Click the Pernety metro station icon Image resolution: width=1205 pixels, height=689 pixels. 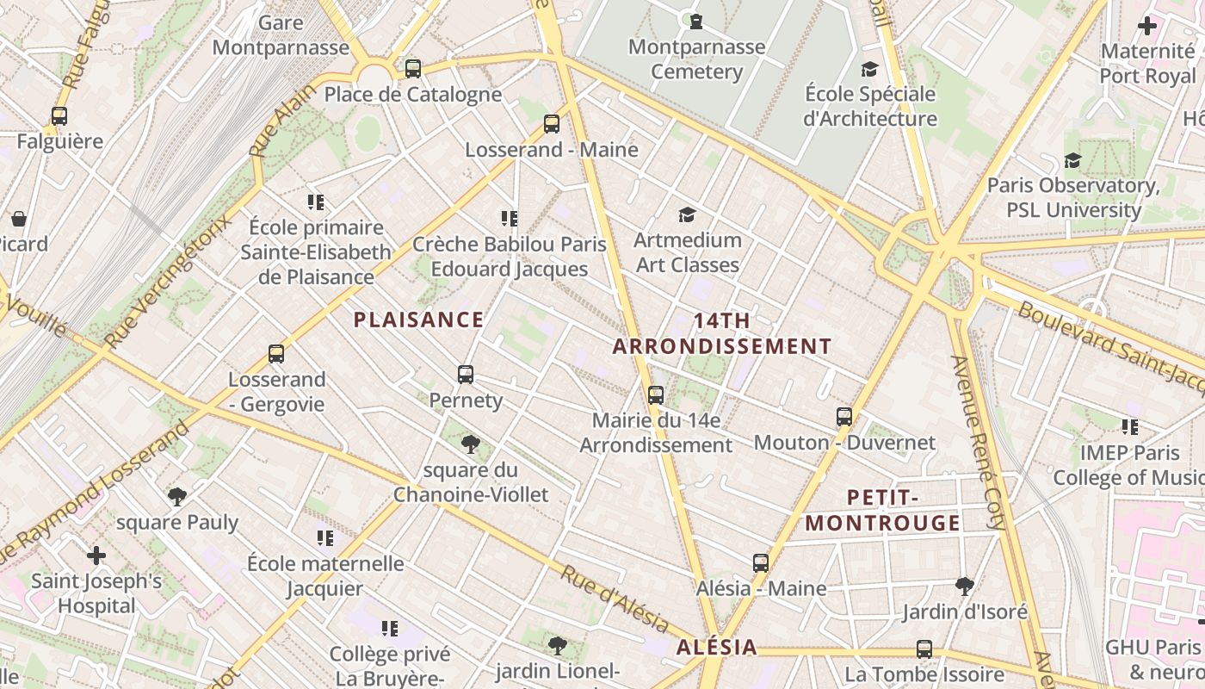pyautogui.click(x=466, y=375)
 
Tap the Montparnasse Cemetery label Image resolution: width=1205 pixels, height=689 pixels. pyautogui.click(x=696, y=59)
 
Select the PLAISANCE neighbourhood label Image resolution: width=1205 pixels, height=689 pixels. pyautogui.click(x=419, y=320)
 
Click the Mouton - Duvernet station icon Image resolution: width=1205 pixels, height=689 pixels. pyautogui.click(x=844, y=417)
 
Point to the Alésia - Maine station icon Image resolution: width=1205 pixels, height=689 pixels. pyautogui.click(x=761, y=563)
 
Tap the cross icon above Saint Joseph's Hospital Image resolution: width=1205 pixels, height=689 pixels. pyautogui.click(x=96, y=556)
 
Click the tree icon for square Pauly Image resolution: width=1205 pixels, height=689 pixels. pyautogui.click(x=177, y=496)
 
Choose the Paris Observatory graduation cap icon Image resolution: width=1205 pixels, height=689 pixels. pyautogui.click(x=1072, y=160)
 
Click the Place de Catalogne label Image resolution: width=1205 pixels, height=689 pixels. pyautogui.click(x=412, y=95)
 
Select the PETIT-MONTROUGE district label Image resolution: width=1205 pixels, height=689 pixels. pyautogui.click(x=883, y=511)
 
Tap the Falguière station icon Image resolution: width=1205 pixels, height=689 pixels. pyautogui.click(x=59, y=115)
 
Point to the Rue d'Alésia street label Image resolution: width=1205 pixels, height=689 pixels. pyautogui.click(x=615, y=599)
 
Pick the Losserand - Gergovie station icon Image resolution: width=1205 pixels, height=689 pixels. pyautogui.click(x=276, y=353)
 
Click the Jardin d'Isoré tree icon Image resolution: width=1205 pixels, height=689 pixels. pyautogui.click(x=965, y=587)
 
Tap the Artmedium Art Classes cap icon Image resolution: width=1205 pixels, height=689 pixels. pyautogui.click(x=687, y=214)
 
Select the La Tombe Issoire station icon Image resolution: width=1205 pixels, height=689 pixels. pyautogui.click(x=924, y=649)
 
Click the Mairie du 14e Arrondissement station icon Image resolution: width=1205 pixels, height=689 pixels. pyautogui.click(x=656, y=395)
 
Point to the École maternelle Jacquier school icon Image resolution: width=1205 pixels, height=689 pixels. pyautogui.click(x=324, y=538)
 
